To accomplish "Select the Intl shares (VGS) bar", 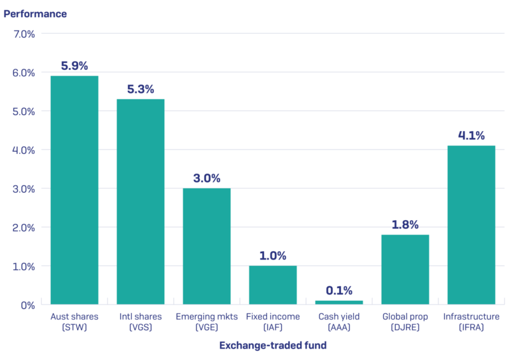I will (141, 202).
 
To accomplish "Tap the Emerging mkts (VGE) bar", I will (207, 246).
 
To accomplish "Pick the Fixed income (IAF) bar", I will (273, 285).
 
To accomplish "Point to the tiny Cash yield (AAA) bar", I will (339, 302).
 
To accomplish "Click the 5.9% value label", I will (74, 66).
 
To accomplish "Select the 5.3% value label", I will (141, 89).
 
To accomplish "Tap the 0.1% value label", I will (339, 291).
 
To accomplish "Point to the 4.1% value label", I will (471, 135).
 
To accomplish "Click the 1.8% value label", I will (405, 225).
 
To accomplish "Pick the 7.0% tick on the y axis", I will (23, 34).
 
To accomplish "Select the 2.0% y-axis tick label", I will (23, 227).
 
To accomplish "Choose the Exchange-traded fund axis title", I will (273, 346).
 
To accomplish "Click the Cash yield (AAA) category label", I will (339, 321).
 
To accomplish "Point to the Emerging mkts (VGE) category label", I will (207, 321).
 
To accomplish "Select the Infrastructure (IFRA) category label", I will (471, 321).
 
